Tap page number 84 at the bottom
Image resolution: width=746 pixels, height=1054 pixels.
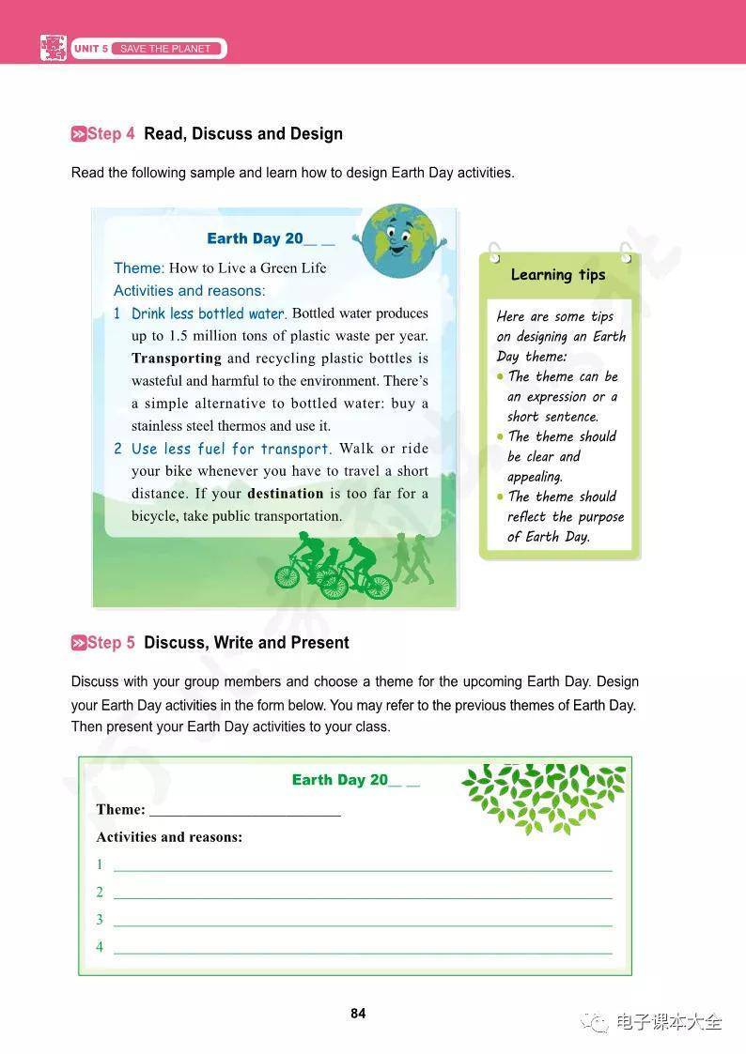click(x=358, y=1014)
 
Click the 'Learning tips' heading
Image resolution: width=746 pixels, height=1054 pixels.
click(x=558, y=275)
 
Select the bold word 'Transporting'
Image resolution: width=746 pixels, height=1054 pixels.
click(x=177, y=359)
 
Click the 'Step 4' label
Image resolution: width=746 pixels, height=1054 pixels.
click(x=104, y=134)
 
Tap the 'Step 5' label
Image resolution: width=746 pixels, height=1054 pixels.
click(x=104, y=643)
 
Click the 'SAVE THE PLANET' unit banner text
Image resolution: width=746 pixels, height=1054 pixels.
click(x=166, y=49)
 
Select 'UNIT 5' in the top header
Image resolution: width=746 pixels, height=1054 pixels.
click(x=91, y=49)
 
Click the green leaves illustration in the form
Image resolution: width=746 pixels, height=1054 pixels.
click(x=545, y=796)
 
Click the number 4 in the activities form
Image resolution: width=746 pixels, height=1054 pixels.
click(x=100, y=947)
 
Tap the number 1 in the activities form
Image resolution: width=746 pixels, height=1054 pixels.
click(x=100, y=864)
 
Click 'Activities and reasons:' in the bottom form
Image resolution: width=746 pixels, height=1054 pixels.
click(x=169, y=837)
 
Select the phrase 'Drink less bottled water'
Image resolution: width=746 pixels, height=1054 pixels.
click(x=208, y=313)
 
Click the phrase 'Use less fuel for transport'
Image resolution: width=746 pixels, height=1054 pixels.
click(x=231, y=449)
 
